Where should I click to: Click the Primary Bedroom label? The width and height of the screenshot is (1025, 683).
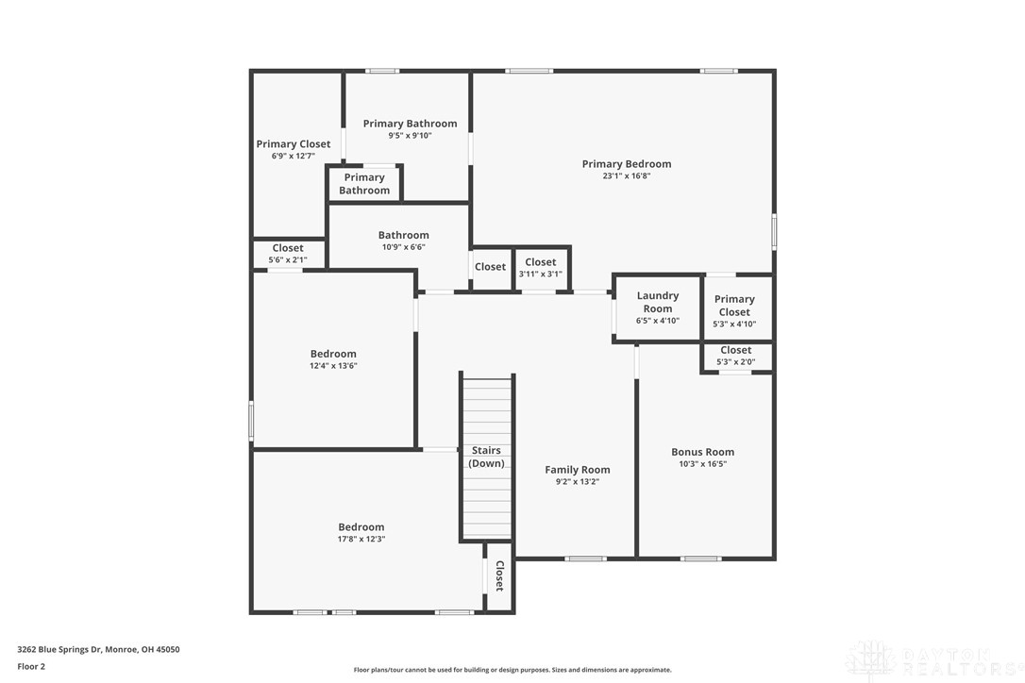coord(626,164)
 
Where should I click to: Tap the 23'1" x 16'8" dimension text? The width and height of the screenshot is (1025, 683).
coord(626,176)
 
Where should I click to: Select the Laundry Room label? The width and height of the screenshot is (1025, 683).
coord(657,302)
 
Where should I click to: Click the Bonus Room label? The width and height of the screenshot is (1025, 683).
coord(702,452)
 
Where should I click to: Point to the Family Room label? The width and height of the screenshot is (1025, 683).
coord(577,470)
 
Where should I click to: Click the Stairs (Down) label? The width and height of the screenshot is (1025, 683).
coord(486,457)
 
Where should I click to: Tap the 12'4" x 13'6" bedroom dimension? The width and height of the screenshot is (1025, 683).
coord(333,366)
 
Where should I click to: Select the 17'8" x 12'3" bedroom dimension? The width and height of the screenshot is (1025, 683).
coord(361,539)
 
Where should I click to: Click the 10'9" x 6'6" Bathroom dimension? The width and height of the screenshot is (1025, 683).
coord(403,247)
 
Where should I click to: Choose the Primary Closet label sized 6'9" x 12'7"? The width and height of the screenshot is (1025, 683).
coord(294,144)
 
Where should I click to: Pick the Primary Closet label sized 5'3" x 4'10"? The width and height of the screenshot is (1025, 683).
coord(733,306)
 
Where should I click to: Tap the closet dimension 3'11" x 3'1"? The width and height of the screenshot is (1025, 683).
coord(540,275)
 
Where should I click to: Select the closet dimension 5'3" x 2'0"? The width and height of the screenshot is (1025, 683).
coord(735,361)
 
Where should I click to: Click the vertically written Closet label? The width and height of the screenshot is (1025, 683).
coord(499,575)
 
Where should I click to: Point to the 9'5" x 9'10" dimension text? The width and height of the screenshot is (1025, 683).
coord(410,136)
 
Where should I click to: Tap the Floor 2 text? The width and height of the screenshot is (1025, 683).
coord(31,666)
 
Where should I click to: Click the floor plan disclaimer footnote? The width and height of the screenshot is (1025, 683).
coord(512,670)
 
